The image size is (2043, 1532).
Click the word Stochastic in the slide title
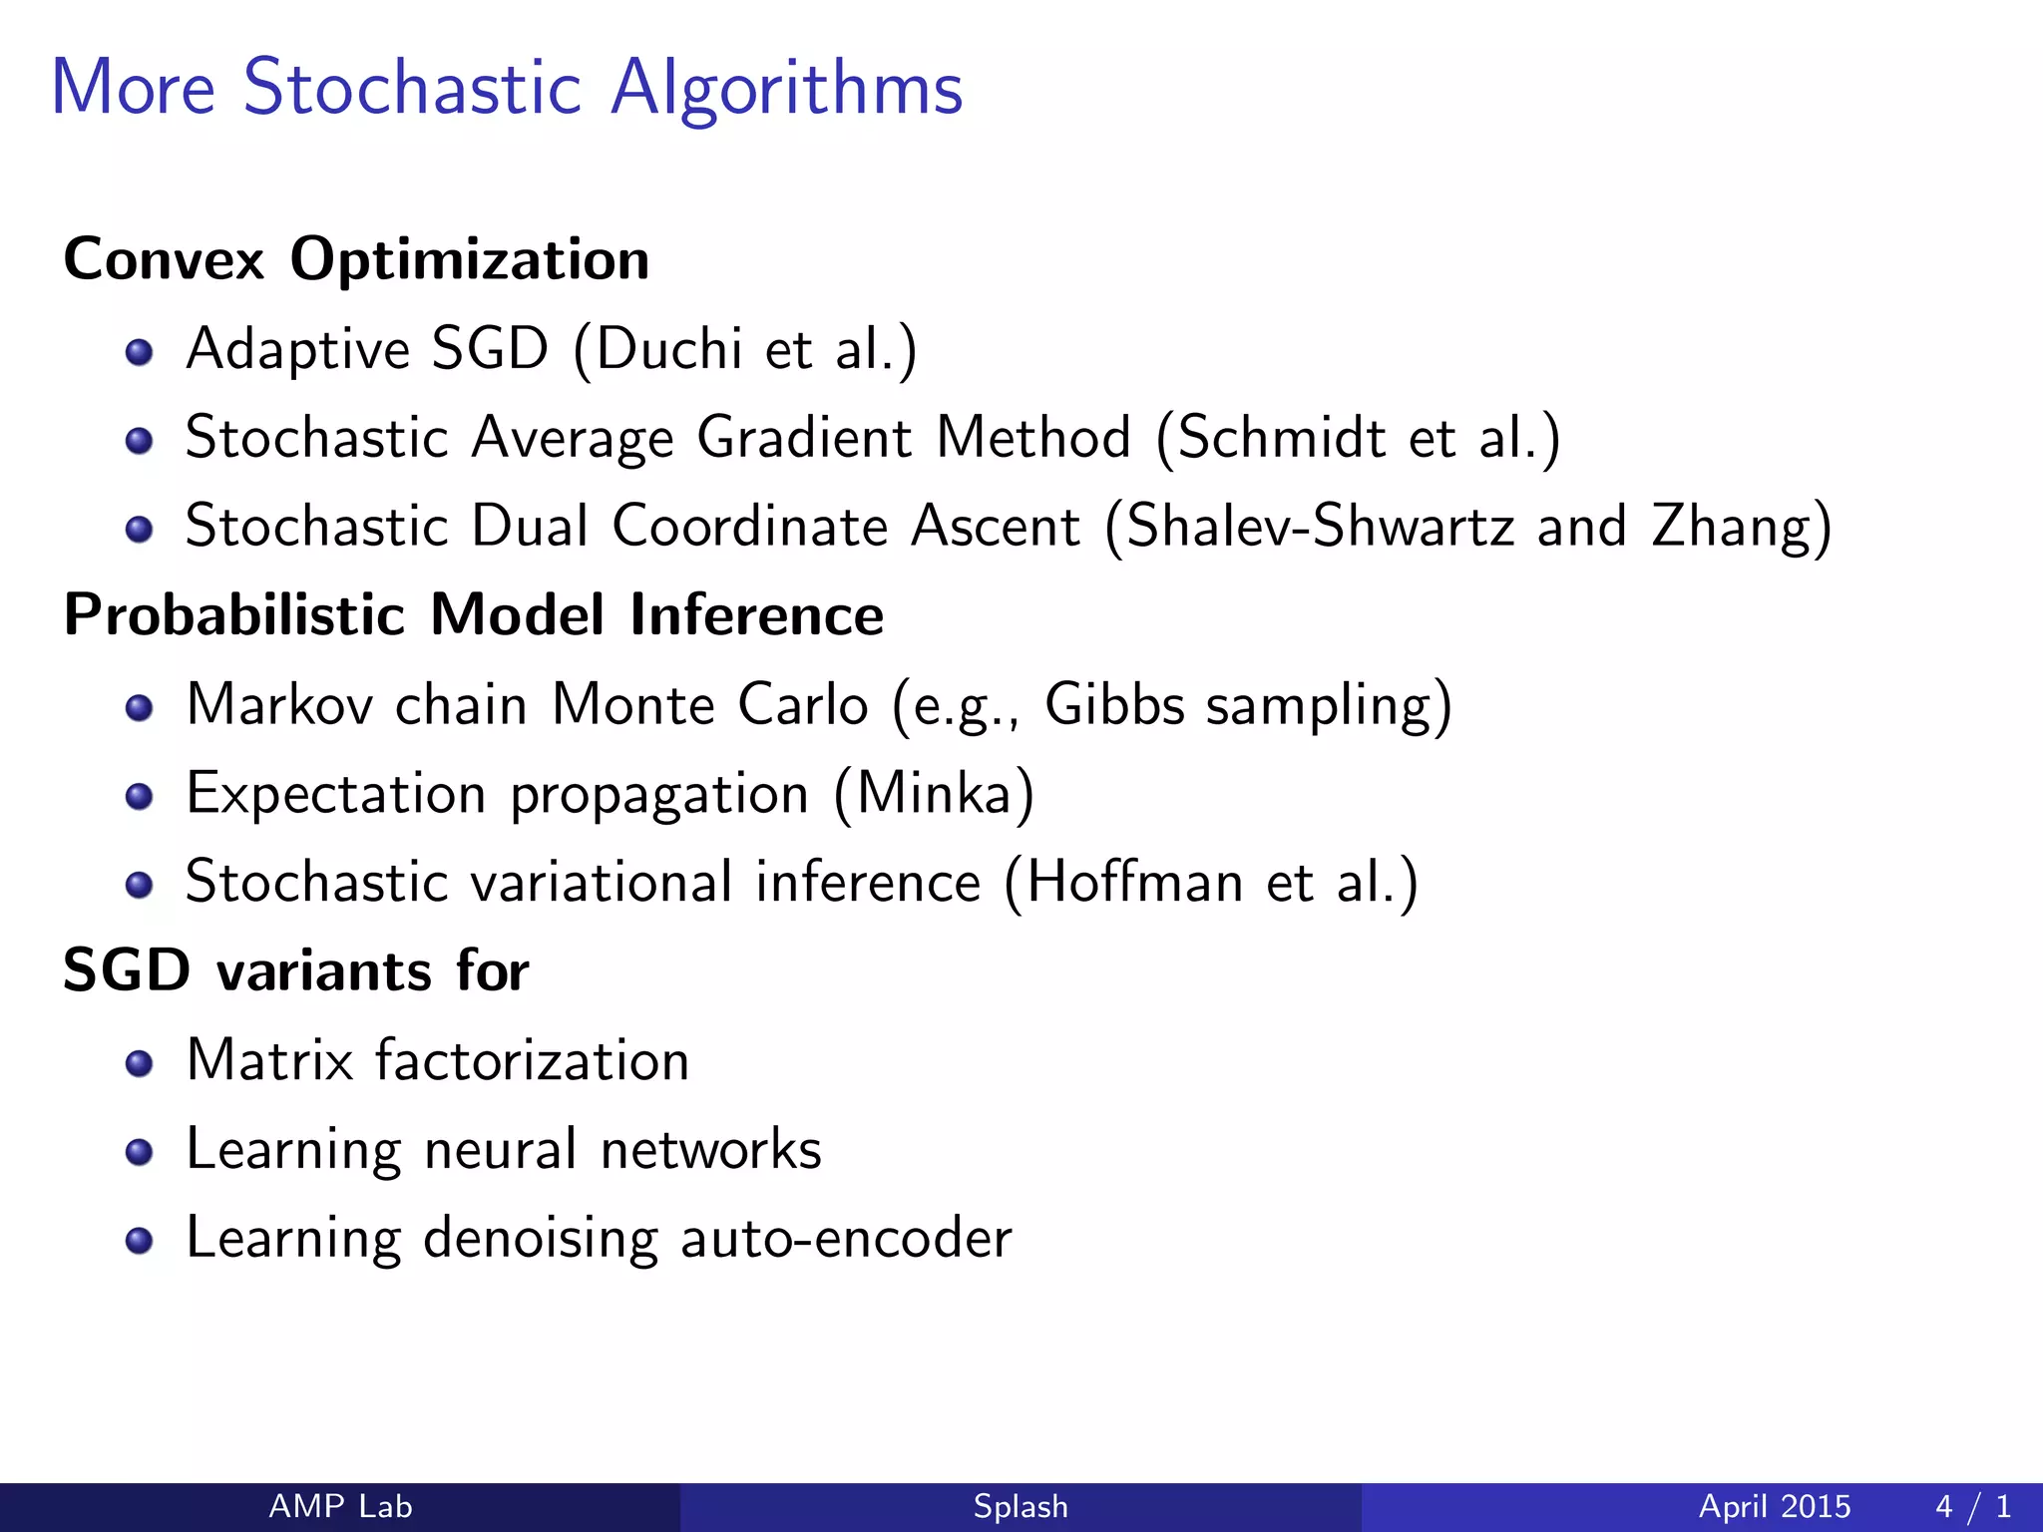[411, 88]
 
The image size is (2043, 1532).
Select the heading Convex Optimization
[356, 259]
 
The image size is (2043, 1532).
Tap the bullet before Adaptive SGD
[140, 352]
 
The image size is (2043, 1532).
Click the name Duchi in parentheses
[668, 349]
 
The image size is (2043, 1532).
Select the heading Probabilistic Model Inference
[473, 614]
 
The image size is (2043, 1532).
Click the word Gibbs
[1114, 704]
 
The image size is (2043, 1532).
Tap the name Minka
[934, 794]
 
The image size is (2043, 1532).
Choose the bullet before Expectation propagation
[140, 796]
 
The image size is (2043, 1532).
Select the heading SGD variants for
[295, 970]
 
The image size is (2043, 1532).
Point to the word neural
[500, 1149]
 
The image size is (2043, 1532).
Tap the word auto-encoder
[846, 1238]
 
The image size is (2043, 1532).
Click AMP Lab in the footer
[340, 1506]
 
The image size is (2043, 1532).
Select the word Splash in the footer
[1021, 1506]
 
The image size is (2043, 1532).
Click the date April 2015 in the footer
[1774, 1506]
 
